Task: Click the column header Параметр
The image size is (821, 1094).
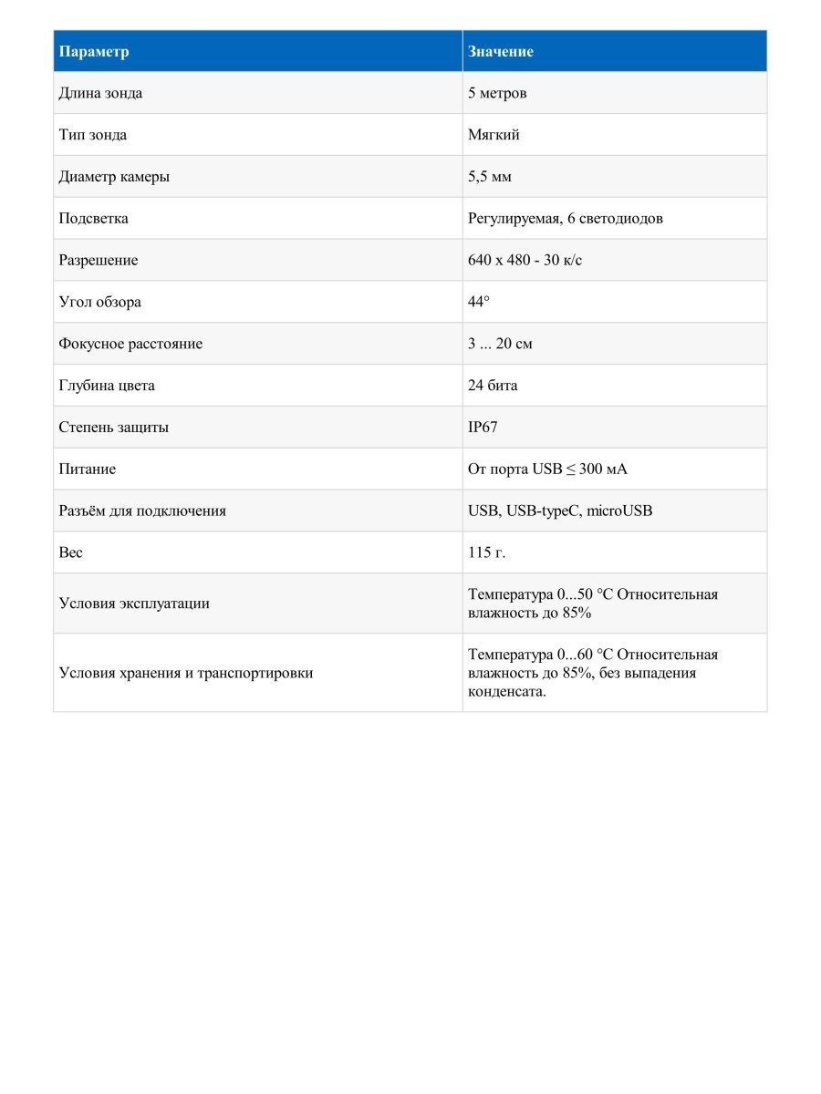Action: click(x=94, y=52)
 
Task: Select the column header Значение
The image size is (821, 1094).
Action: click(x=500, y=52)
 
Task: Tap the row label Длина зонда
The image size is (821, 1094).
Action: click(x=100, y=93)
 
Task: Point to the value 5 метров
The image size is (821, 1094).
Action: click(x=497, y=93)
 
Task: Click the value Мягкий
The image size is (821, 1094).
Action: click(x=494, y=135)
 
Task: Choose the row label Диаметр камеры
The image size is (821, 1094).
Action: click(x=114, y=177)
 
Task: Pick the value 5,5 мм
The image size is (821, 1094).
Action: click(x=490, y=177)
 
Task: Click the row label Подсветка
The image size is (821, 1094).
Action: click(x=93, y=219)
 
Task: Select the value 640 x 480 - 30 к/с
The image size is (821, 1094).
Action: click(x=525, y=261)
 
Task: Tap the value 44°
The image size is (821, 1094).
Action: click(x=479, y=302)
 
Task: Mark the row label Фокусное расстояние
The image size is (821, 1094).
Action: click(x=130, y=344)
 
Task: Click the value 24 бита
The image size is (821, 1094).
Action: click(x=493, y=386)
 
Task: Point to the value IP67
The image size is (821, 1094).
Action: click(x=483, y=428)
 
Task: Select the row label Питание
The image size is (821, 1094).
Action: click(x=87, y=470)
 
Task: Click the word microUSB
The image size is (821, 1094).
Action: click(x=619, y=511)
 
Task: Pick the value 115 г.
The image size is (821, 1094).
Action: click(x=486, y=552)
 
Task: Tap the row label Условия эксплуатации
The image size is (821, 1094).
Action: click(x=134, y=604)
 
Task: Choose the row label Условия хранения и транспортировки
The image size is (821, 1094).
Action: click(x=186, y=673)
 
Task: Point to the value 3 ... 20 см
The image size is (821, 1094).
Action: click(x=500, y=344)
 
